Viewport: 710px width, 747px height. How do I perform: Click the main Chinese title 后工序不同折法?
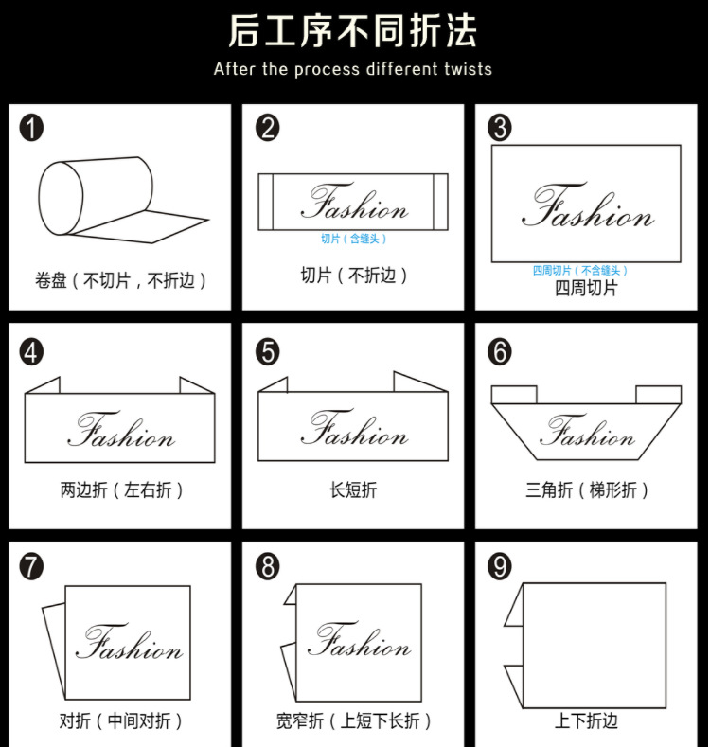coord(352,31)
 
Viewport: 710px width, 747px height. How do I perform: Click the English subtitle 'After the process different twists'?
coord(352,69)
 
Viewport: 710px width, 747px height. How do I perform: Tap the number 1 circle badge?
coord(31,128)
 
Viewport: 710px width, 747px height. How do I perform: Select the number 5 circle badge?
coord(268,352)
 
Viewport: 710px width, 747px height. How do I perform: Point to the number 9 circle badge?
coord(499,567)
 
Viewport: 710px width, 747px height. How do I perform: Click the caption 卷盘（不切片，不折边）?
coord(120,280)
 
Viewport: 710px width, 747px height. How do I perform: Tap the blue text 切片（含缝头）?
coord(353,239)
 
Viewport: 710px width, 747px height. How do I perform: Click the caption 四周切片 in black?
coord(586,288)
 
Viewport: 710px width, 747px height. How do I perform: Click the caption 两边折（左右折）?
coord(120,490)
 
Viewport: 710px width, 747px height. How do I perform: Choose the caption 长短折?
coord(353,490)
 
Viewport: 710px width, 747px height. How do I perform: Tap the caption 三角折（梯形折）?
coord(587,490)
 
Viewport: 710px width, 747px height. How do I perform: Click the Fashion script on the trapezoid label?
coord(587,435)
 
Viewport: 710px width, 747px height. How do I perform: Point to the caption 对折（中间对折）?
coord(120,721)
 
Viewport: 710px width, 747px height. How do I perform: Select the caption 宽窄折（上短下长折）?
coord(353,721)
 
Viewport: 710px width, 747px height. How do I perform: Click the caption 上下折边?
coord(586,720)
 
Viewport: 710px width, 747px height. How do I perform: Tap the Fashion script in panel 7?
coord(129,644)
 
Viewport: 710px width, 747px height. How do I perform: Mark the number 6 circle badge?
coord(499,352)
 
